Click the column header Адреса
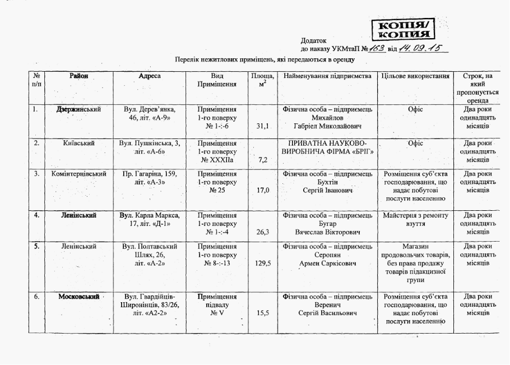pyautogui.click(x=150, y=76)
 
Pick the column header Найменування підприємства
pyautogui.click(x=328, y=76)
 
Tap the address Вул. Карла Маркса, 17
pyautogui.click(x=150, y=219)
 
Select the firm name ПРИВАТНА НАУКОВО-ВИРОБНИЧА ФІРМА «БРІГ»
pyautogui.click(x=328, y=147)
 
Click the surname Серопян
pyautogui.click(x=328, y=254)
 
